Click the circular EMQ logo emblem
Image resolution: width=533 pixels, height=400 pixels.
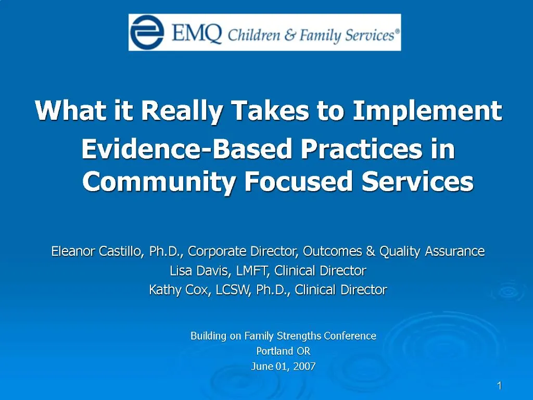pyautogui.click(x=147, y=32)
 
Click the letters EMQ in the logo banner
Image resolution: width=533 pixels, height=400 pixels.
pyautogui.click(x=197, y=33)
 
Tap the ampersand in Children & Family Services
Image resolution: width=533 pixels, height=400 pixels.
pyautogui.click(x=290, y=35)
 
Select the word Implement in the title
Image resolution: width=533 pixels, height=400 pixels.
pyautogui.click(x=427, y=111)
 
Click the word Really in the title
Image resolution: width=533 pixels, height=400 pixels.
pyautogui.click(x=182, y=111)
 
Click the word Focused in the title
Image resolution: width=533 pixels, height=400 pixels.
pyautogui.click(x=298, y=181)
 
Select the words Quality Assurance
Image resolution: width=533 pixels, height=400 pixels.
pyautogui.click(x=432, y=252)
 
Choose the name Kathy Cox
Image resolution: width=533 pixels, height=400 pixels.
pyautogui.click(x=178, y=290)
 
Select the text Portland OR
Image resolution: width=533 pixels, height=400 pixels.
pyautogui.click(x=283, y=351)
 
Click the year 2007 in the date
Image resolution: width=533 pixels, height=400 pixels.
pyautogui.click(x=304, y=366)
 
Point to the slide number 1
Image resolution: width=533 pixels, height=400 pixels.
pyautogui.click(x=499, y=386)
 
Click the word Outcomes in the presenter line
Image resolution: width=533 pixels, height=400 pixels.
pyautogui.click(x=332, y=251)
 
